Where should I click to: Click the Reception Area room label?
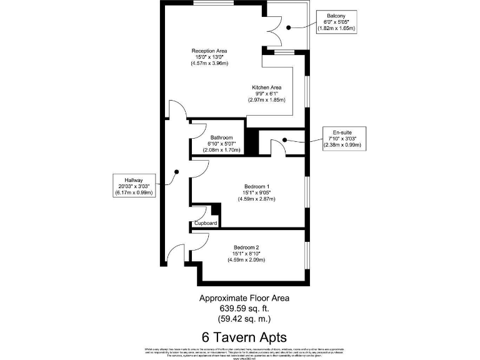coord(209,51)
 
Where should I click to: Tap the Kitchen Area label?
coord(266,87)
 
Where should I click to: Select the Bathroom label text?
coord(221,137)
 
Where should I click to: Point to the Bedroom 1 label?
coord(256,186)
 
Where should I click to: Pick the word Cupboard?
coord(206,223)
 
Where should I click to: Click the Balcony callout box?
coord(336,22)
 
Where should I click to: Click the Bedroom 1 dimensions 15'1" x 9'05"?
coord(256,192)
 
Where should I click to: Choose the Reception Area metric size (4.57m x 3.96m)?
coord(209,64)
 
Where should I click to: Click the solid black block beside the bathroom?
coord(251,141)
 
